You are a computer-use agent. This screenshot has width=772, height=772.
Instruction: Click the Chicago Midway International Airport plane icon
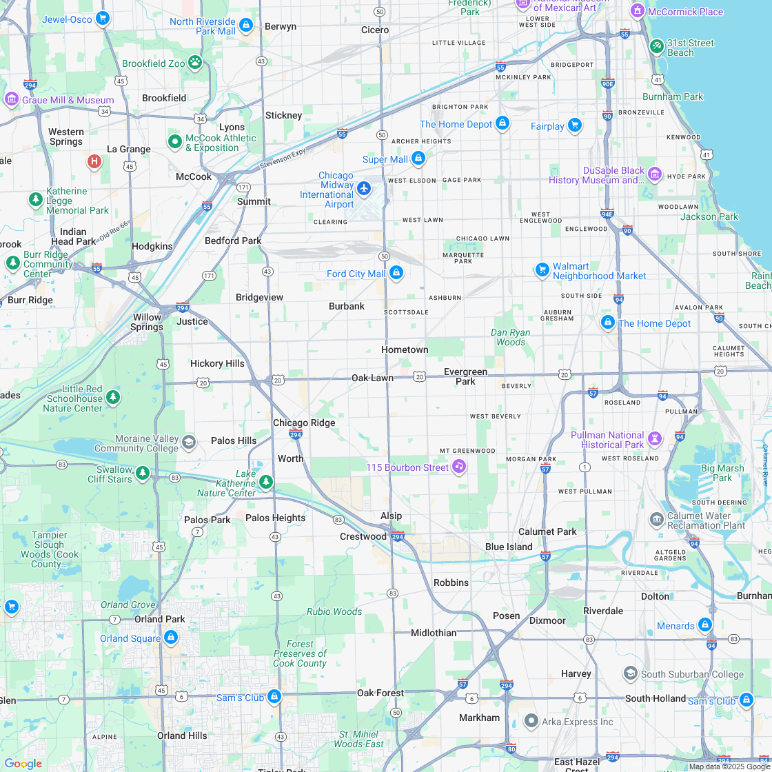point(364,187)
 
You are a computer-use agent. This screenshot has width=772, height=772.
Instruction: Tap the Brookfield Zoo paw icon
point(195,63)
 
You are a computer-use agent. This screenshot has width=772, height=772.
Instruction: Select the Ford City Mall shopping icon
point(396,274)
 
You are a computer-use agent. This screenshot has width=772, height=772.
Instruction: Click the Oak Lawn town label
point(372,378)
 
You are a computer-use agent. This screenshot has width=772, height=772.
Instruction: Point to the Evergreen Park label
point(465,376)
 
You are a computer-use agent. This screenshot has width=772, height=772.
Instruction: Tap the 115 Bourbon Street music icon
point(458,467)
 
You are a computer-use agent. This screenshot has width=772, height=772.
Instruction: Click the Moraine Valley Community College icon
point(189,443)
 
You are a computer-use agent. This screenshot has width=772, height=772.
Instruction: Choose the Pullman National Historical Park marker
point(655,438)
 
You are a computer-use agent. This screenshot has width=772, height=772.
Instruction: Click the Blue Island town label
point(509,547)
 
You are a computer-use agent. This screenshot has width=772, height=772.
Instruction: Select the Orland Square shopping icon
point(171,638)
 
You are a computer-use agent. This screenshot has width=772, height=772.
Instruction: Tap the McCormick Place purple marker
point(638,12)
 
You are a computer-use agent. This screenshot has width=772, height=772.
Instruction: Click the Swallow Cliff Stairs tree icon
point(142,474)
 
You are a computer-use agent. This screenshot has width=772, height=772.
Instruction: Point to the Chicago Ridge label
point(304,423)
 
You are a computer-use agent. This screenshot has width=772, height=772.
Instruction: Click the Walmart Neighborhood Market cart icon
point(542,270)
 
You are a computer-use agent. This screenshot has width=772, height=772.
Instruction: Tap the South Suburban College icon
point(630,673)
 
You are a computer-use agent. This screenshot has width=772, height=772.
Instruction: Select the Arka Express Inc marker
point(531,722)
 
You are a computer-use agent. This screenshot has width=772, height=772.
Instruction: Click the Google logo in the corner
point(23,763)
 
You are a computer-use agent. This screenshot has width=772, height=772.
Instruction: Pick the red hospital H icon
point(94,162)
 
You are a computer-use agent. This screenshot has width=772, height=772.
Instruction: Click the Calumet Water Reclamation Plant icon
point(656,518)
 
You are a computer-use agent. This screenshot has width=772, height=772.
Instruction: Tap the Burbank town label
point(347,306)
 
